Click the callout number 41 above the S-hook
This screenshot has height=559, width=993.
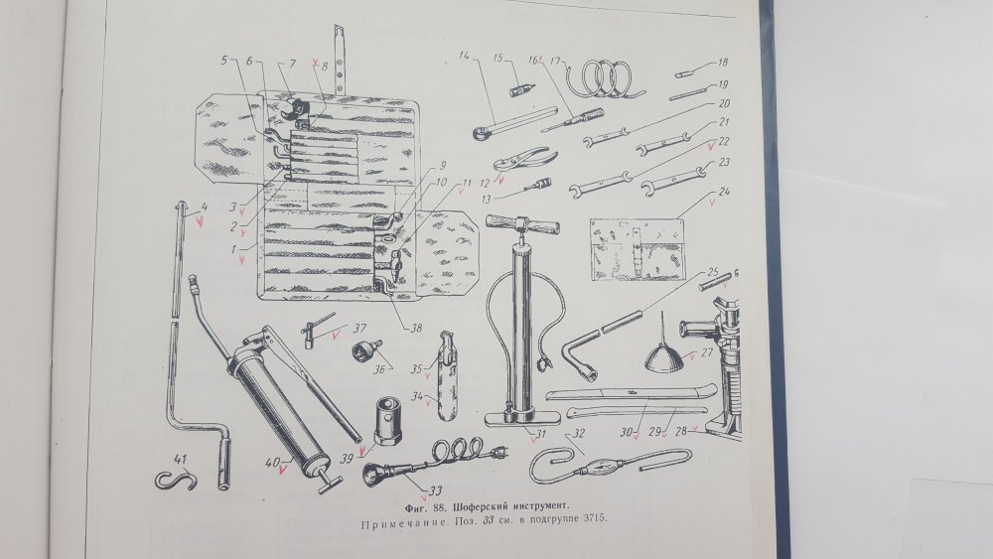[x=179, y=460]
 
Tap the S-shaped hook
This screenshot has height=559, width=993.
[x=176, y=481]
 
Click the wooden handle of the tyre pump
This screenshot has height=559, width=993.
[x=523, y=224]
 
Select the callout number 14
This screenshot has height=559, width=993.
[x=465, y=57]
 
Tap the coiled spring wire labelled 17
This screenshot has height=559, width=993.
[x=605, y=78]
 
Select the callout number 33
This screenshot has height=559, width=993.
[x=435, y=490]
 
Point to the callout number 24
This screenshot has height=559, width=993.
[x=724, y=192]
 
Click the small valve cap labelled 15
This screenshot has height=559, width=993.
[x=520, y=89]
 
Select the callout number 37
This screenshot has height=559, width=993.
[x=359, y=328]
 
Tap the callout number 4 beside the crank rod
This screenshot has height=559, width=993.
[x=204, y=207]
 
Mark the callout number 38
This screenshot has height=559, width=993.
[x=415, y=328]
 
